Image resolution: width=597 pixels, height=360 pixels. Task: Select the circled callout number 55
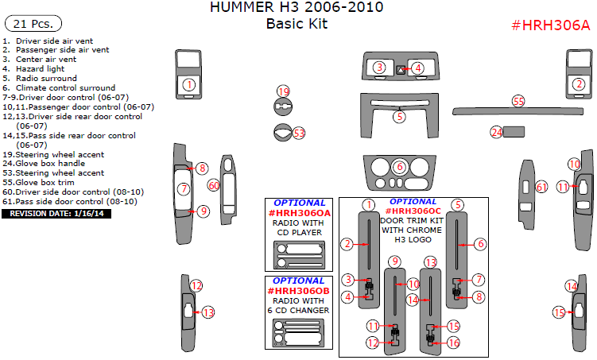[518, 101]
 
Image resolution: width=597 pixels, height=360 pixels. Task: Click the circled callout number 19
[283, 91]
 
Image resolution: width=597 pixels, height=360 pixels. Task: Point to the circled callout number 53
[299, 133]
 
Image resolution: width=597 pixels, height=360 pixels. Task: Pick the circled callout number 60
[213, 185]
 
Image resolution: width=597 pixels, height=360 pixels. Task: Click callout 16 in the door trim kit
[453, 343]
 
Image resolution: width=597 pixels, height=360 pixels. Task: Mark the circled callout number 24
[497, 132]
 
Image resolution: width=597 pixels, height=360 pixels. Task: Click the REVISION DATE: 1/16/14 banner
[51, 214]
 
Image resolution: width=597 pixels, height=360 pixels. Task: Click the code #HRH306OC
[413, 211]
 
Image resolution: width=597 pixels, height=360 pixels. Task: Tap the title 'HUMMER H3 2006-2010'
[297, 8]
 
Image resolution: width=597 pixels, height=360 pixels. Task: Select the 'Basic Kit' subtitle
[297, 24]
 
